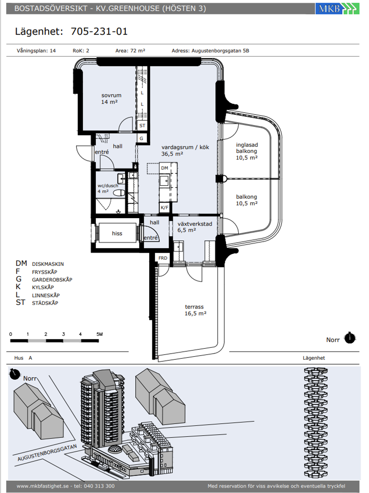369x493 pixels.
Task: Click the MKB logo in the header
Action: (x=337, y=9)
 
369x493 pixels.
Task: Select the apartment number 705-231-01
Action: (x=99, y=31)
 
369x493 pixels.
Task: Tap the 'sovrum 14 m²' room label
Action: (x=111, y=99)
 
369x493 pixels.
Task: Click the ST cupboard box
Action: (x=142, y=125)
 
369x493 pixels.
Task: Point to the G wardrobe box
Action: (x=141, y=138)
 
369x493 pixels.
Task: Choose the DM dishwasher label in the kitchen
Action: (x=165, y=168)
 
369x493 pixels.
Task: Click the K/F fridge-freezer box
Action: (x=165, y=207)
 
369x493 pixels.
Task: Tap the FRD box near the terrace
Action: (x=163, y=258)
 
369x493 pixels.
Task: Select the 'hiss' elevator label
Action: (x=117, y=233)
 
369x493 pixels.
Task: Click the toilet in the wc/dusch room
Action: (x=119, y=193)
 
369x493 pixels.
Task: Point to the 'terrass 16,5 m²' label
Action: (x=195, y=310)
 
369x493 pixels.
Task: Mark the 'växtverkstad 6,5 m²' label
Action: (x=195, y=227)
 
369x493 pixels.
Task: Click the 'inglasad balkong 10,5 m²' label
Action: (x=247, y=151)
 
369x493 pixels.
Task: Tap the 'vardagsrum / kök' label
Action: (x=185, y=148)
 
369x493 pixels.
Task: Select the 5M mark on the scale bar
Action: (x=99, y=334)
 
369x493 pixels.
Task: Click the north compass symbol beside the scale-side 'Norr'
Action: (x=350, y=338)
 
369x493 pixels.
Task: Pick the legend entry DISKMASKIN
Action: (x=48, y=264)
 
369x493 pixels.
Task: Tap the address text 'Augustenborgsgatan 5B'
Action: (x=220, y=51)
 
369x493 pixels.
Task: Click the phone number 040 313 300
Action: (x=99, y=486)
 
